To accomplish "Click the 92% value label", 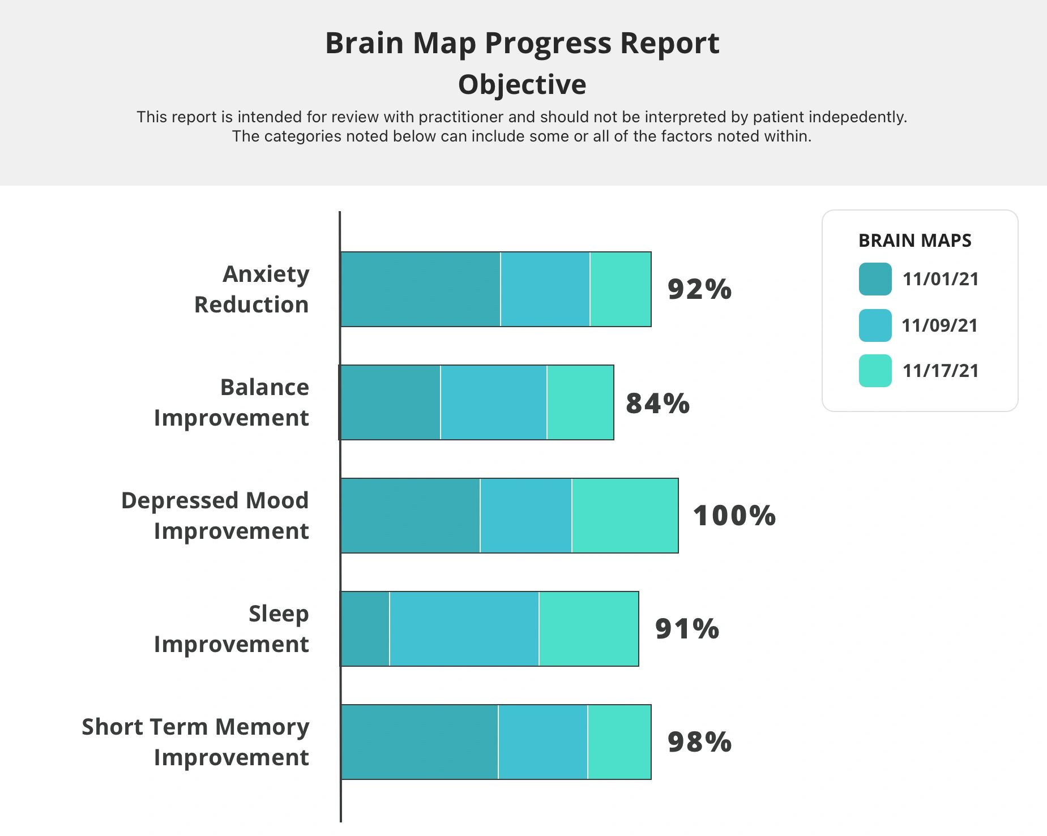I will pos(699,289).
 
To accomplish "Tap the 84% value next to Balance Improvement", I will pos(657,403).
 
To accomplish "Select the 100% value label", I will pos(734,516).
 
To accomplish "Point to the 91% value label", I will pos(687,629).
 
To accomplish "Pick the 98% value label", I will pos(699,742).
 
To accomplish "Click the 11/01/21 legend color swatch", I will pos(875,279).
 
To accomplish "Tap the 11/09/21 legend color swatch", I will pos(875,325).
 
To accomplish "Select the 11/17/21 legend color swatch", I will pos(875,371).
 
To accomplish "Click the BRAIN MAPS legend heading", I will pos(914,241).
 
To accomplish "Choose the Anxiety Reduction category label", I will pos(252,289).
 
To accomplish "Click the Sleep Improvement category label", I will pos(232,629).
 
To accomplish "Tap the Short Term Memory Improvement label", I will pos(196,742).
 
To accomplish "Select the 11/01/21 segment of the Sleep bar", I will pos(365,629).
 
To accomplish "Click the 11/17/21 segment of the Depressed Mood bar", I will pos(625,516).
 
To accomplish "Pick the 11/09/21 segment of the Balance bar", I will pos(493,402).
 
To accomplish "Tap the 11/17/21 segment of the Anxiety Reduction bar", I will pos(620,289).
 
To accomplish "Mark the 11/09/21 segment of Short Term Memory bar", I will pos(542,742).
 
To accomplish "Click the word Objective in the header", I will pos(522,84).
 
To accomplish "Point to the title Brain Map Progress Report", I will pos(522,43).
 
